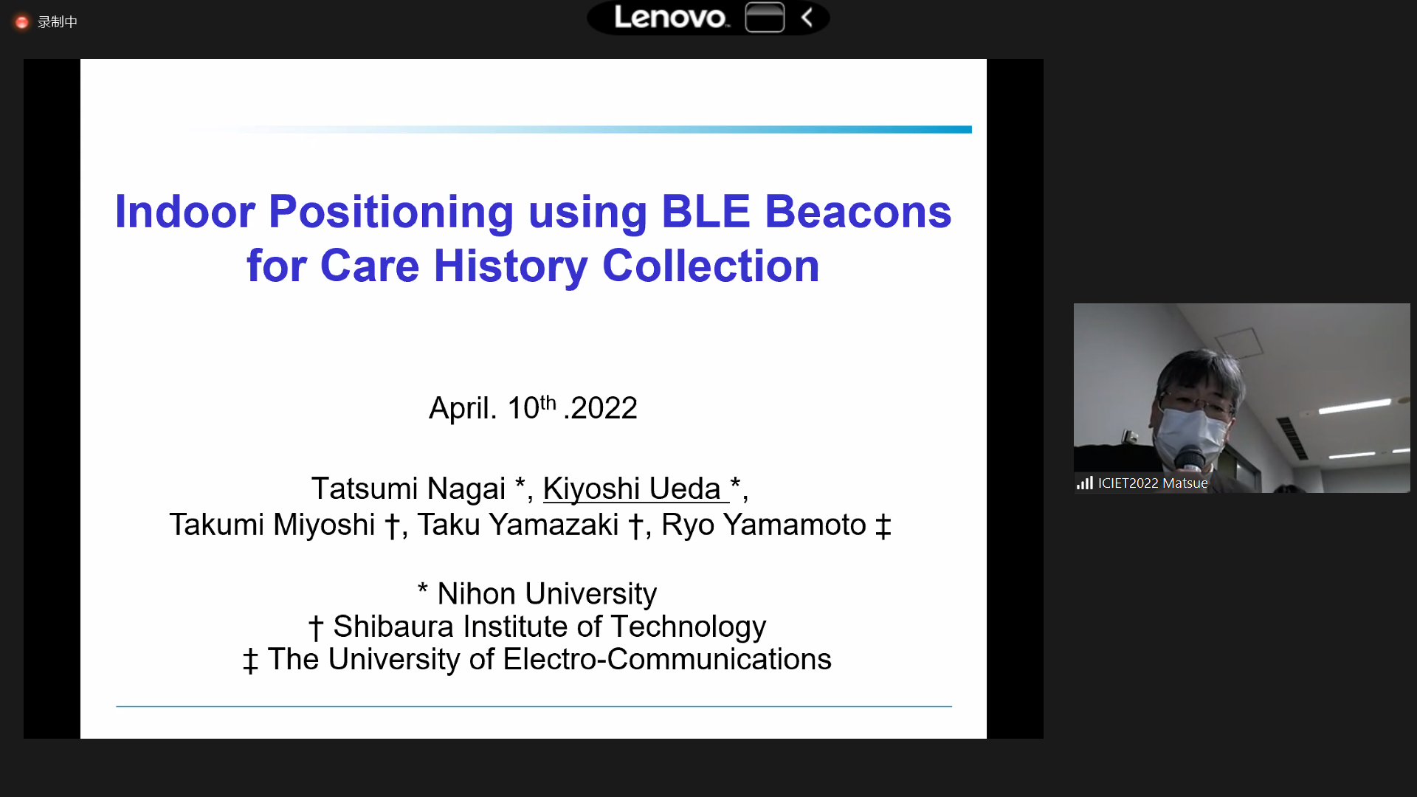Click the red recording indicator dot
(x=22, y=22)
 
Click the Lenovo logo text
(x=671, y=17)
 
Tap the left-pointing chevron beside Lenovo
(x=807, y=18)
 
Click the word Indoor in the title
(x=185, y=212)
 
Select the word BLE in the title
(x=706, y=212)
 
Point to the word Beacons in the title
(x=858, y=212)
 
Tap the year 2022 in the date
(x=604, y=408)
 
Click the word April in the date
(x=463, y=408)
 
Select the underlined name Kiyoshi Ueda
(x=632, y=489)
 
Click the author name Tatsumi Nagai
(x=409, y=489)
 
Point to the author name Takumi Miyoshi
(x=272, y=525)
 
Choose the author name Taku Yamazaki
(x=518, y=525)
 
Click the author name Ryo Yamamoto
(x=764, y=525)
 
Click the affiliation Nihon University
(x=547, y=594)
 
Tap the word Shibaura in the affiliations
(x=393, y=627)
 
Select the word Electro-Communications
(x=667, y=659)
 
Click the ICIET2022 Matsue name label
(x=1153, y=483)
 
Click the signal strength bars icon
(x=1084, y=483)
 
